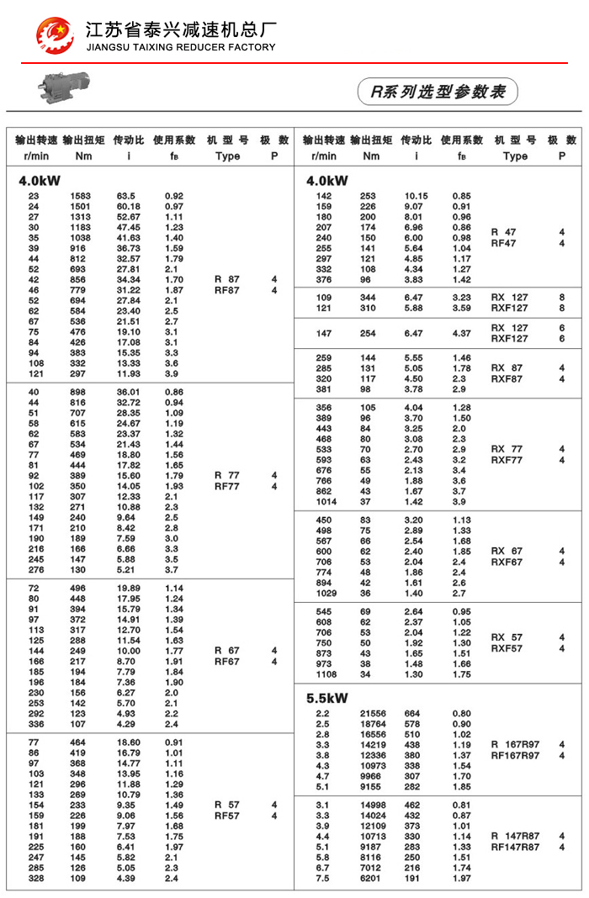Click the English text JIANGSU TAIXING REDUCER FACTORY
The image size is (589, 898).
pyautogui.click(x=181, y=47)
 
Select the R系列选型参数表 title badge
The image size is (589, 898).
pyautogui.click(x=438, y=92)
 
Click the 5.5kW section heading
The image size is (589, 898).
pyautogui.click(x=327, y=698)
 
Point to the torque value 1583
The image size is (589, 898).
pyautogui.click(x=81, y=196)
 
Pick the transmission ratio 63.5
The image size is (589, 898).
pyautogui.click(x=127, y=196)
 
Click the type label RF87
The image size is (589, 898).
pyautogui.click(x=227, y=290)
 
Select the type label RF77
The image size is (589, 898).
pyautogui.click(x=227, y=486)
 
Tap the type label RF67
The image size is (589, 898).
pyautogui.click(x=227, y=662)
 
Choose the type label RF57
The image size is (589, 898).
pyautogui.click(x=227, y=816)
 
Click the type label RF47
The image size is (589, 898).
pyautogui.click(x=503, y=243)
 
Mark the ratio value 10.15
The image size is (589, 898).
pyautogui.click(x=417, y=196)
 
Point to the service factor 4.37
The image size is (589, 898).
pyautogui.click(x=461, y=334)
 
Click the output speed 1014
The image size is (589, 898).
pyautogui.click(x=324, y=501)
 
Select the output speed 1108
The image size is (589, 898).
pyautogui.click(x=324, y=674)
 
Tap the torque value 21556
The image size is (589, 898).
pyautogui.click(x=373, y=714)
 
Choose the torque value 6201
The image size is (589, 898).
pyautogui.click(x=371, y=878)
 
